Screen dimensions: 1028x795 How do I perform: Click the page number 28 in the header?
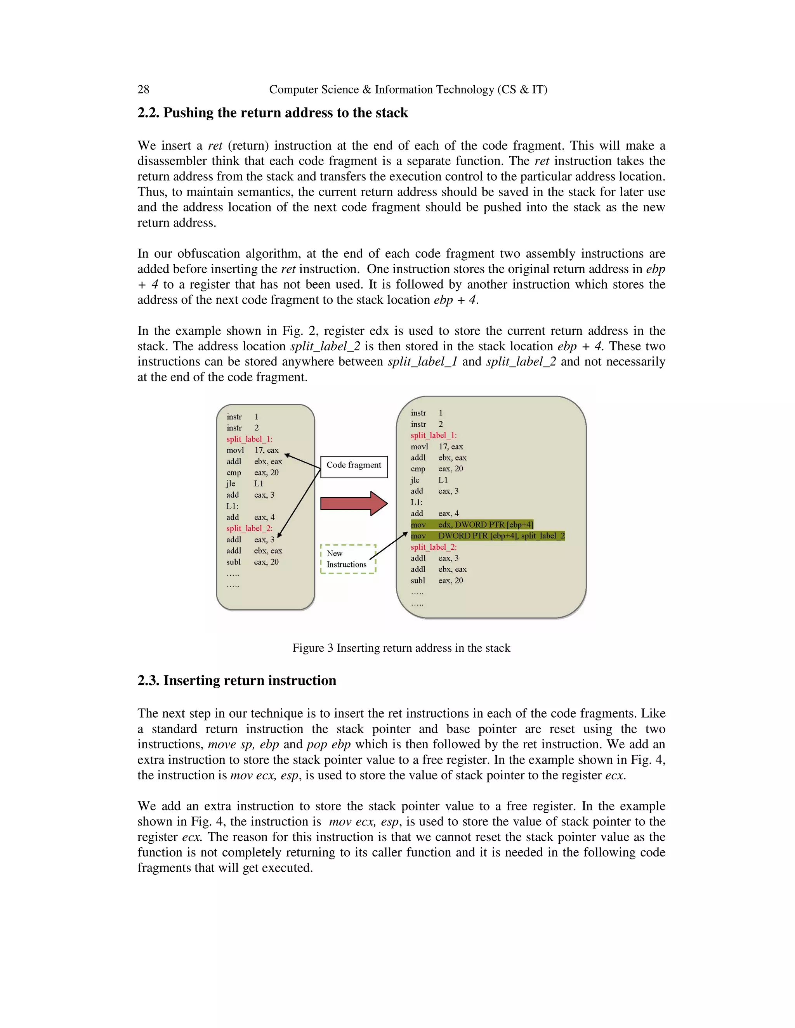tap(143, 90)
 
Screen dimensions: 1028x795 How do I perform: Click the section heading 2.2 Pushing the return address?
tap(272, 113)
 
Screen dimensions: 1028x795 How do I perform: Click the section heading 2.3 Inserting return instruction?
tap(236, 681)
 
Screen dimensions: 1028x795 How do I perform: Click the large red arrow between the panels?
tap(353, 504)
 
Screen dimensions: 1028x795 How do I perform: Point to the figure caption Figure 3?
tap(401, 648)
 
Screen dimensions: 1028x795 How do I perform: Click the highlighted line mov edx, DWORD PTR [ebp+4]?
tap(471, 525)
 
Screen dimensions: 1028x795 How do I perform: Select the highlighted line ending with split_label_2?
tap(488, 536)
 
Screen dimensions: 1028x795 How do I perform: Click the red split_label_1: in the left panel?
tap(249, 439)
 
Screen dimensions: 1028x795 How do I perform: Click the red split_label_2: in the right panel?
tap(433, 547)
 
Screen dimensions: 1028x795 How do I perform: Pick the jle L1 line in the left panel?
tap(245, 484)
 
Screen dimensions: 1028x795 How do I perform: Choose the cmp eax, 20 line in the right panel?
tap(437, 469)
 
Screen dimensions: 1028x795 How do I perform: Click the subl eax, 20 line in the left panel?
tap(252, 562)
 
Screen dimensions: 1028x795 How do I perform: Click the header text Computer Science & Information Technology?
tap(408, 90)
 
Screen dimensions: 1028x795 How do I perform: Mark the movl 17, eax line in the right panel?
tap(437, 447)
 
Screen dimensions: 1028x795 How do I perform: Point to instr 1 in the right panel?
tap(426, 413)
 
